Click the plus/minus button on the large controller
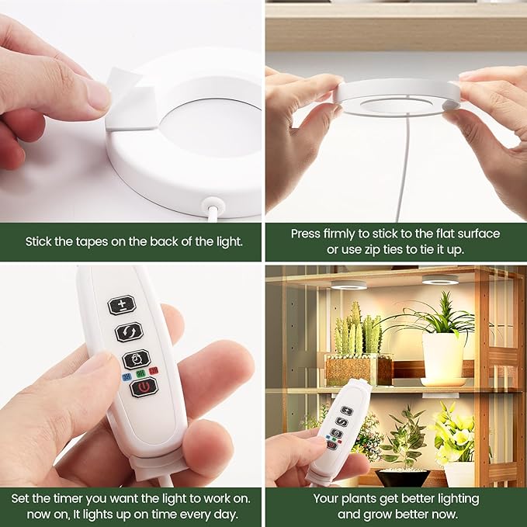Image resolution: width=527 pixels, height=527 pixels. (x=122, y=305)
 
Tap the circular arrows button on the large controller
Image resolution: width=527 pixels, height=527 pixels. (x=129, y=332)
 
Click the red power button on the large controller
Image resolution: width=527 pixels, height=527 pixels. (x=144, y=387)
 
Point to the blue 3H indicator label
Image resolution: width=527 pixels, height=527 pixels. (x=127, y=377)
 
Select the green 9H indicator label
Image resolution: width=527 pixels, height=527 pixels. (x=140, y=374)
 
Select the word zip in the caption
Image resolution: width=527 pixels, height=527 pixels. (x=374, y=250)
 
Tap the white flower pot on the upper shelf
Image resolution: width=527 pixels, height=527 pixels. (x=442, y=357)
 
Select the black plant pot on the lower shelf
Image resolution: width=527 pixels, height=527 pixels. (x=402, y=478)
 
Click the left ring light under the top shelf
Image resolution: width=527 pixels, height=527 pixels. (x=348, y=285)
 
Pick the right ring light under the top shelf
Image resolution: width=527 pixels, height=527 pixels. (x=440, y=279)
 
